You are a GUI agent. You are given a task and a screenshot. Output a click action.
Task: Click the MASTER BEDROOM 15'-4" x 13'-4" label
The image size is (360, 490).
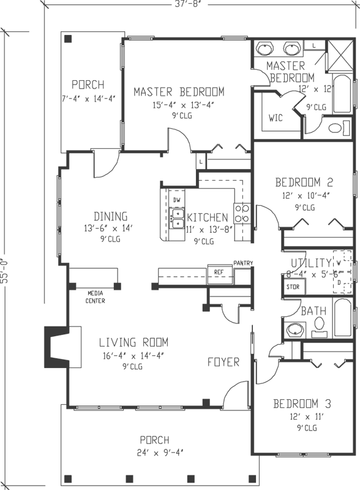(179, 92)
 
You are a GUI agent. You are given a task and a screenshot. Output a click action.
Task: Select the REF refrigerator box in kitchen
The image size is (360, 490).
(218, 272)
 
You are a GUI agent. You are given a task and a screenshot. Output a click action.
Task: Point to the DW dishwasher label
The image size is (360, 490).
(176, 200)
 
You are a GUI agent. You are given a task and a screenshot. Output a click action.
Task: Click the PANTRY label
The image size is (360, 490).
(243, 263)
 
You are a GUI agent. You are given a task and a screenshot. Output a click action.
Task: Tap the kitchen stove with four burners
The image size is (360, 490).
(242, 214)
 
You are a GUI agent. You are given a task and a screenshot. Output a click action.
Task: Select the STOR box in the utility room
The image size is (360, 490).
(293, 286)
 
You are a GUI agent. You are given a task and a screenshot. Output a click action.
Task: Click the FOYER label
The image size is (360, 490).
(223, 362)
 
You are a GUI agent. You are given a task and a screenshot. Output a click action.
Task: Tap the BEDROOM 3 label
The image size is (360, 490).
(302, 404)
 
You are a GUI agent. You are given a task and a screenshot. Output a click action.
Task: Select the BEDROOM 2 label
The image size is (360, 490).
(304, 182)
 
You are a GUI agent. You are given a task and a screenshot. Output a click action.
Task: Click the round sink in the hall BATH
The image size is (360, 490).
(296, 329)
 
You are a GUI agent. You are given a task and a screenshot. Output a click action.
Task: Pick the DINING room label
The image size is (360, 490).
(110, 216)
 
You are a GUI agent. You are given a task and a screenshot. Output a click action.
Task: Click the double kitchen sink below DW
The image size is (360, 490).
(177, 215)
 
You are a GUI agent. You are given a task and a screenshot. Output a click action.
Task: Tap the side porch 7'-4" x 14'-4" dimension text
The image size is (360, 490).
(88, 98)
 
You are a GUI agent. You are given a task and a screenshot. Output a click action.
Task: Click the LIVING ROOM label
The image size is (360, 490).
(133, 342)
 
